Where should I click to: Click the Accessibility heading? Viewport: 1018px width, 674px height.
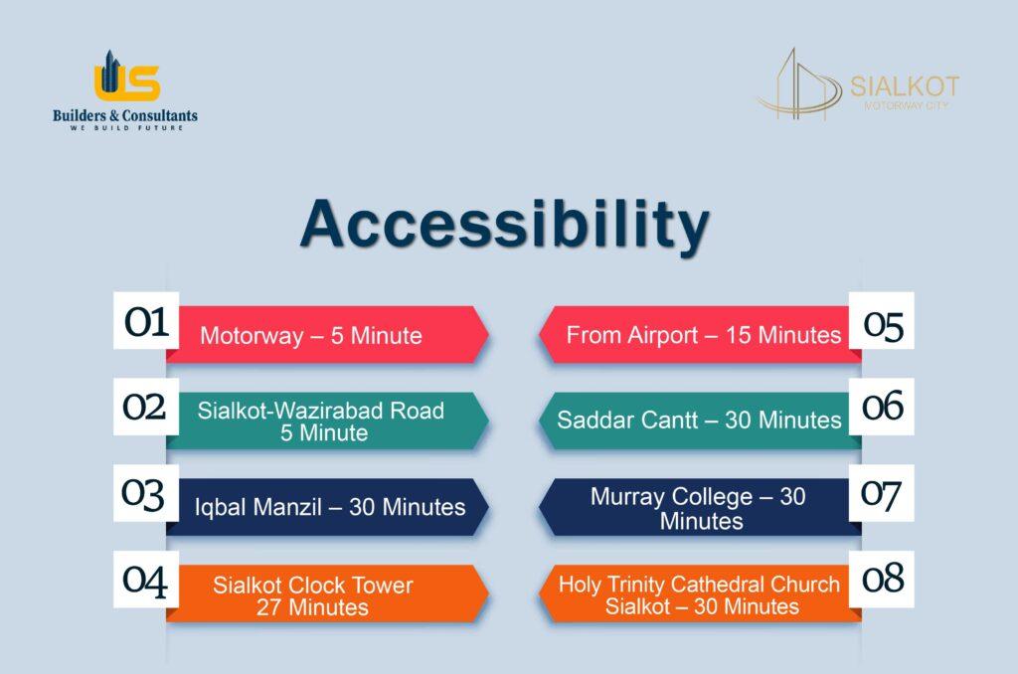[x=504, y=225]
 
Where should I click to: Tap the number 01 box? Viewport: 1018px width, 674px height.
[x=146, y=321]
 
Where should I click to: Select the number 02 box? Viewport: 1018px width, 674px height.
[x=146, y=407]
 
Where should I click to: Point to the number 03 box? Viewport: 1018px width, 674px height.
[x=146, y=493]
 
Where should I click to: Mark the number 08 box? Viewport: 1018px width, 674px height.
[x=882, y=580]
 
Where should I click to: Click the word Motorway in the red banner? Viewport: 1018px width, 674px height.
[x=252, y=336]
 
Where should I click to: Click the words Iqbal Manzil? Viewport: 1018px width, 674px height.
[x=258, y=507]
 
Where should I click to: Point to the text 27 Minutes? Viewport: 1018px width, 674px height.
[x=312, y=607]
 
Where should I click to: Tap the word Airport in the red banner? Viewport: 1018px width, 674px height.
[x=657, y=335]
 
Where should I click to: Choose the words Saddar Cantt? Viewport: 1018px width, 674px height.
[x=627, y=421]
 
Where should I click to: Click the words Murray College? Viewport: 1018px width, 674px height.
[x=671, y=497]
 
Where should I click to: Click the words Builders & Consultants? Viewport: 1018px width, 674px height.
[x=125, y=115]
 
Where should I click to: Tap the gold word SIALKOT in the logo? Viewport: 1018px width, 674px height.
[x=905, y=86]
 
